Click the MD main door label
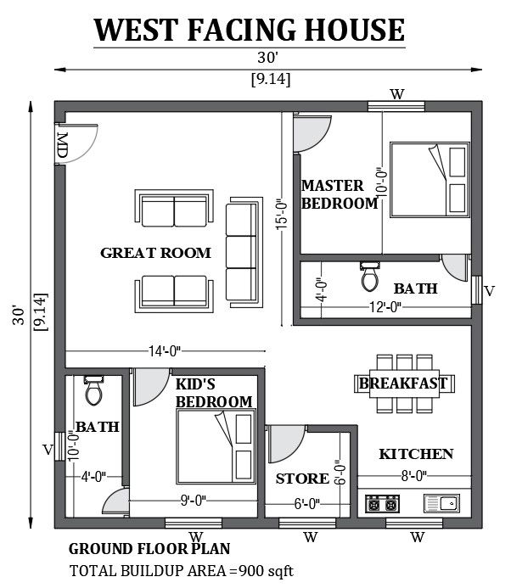[x=61, y=145]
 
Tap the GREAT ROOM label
[x=155, y=253]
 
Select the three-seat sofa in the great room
[x=244, y=252]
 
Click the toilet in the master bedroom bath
[x=369, y=277]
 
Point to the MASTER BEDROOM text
[x=340, y=194]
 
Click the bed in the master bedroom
[x=430, y=180]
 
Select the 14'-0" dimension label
[x=165, y=351]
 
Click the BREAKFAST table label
[x=403, y=384]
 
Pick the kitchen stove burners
[x=383, y=504]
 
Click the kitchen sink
[x=441, y=503]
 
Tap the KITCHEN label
[x=416, y=454]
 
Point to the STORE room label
[x=302, y=479]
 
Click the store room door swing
[x=286, y=444]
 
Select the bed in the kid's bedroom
[x=216, y=446]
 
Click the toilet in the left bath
[x=93, y=390]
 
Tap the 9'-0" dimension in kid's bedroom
[x=194, y=501]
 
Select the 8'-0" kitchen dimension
[x=414, y=476]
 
